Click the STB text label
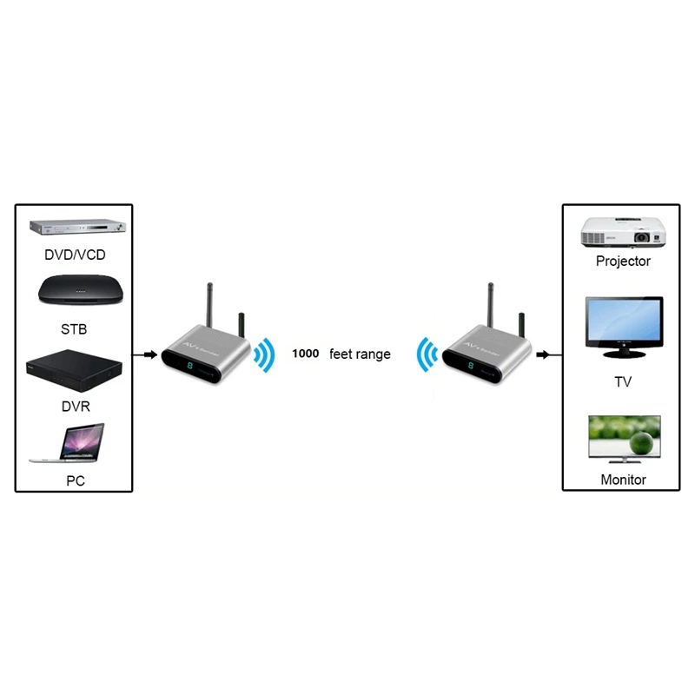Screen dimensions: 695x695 click(x=73, y=330)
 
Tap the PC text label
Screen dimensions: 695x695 click(x=76, y=480)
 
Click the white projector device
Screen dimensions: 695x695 click(x=623, y=231)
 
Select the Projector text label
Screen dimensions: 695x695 click(x=623, y=261)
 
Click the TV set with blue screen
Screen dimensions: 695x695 click(x=623, y=326)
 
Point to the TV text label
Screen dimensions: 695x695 click(x=623, y=381)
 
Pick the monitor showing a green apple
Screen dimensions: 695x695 click(x=623, y=438)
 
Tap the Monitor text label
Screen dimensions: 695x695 click(x=623, y=480)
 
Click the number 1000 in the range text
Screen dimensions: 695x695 click(x=306, y=354)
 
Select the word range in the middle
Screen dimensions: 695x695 click(x=374, y=354)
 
